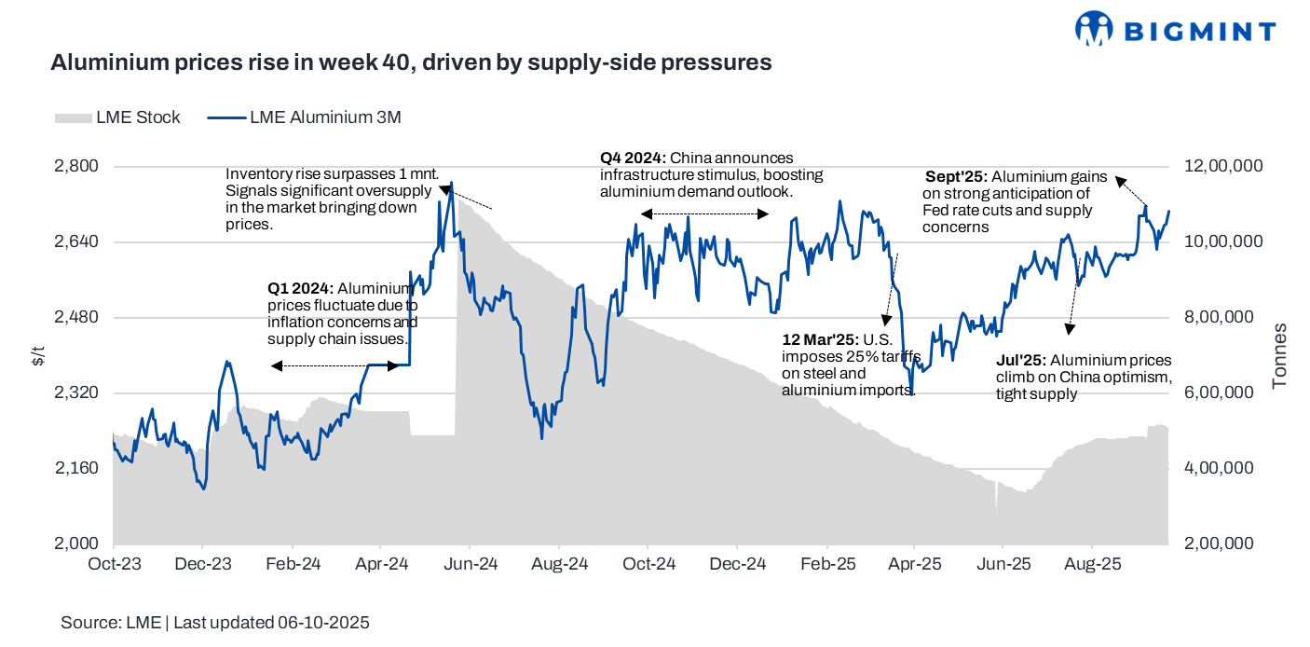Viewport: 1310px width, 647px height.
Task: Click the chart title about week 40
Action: click(411, 62)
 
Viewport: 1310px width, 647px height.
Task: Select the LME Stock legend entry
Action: click(117, 118)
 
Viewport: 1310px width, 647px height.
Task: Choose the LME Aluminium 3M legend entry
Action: click(303, 118)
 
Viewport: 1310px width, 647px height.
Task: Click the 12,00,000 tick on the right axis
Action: click(1223, 167)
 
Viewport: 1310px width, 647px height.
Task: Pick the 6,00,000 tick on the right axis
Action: click(1223, 393)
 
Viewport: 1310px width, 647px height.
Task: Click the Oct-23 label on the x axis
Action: click(114, 564)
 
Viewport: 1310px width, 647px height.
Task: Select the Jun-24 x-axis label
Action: click(469, 564)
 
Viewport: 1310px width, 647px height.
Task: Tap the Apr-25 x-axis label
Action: click(913, 564)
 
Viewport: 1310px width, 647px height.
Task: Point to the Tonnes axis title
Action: click(1280, 355)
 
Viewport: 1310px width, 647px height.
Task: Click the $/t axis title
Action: click(36, 355)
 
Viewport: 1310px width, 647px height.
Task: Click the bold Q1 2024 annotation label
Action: click(300, 288)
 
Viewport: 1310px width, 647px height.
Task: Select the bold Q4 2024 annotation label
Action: click(633, 158)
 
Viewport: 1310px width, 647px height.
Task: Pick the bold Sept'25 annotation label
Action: click(956, 176)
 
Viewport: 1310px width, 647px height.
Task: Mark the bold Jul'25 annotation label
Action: click(1021, 361)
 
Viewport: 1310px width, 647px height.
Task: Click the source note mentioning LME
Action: click(215, 623)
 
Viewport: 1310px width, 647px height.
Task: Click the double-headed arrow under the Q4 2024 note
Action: click(704, 214)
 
